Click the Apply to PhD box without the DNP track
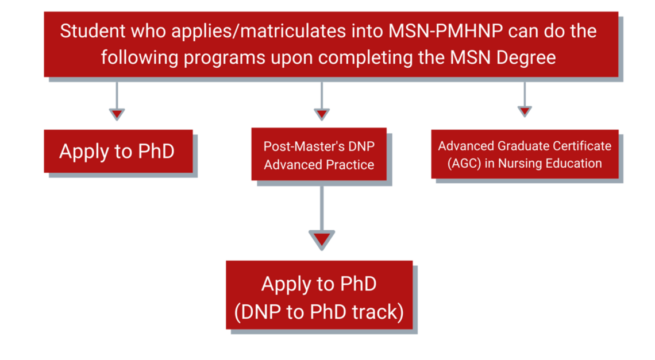pyautogui.click(x=118, y=151)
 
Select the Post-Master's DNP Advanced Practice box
pyautogui.click(x=319, y=155)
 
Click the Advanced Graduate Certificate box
pyautogui.click(x=525, y=154)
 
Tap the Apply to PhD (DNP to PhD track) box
pyautogui.click(x=319, y=297)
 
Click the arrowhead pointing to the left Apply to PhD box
pyautogui.click(x=117, y=114)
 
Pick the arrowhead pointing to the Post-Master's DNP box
pyautogui.click(x=321, y=114)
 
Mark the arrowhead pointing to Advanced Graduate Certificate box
pyautogui.click(x=524, y=111)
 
